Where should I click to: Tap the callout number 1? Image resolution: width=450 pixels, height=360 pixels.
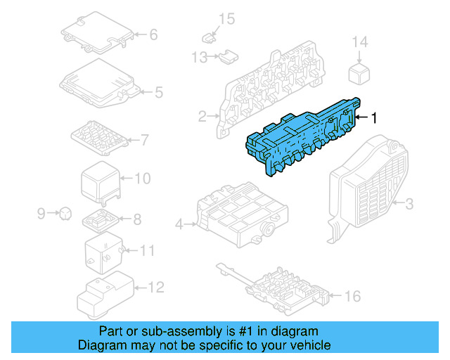[x=374, y=118]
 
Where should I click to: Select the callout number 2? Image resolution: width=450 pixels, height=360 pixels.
[x=202, y=116]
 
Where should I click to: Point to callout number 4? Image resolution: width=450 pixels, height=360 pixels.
[x=179, y=224]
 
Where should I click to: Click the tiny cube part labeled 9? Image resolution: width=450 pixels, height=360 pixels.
[x=63, y=211]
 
